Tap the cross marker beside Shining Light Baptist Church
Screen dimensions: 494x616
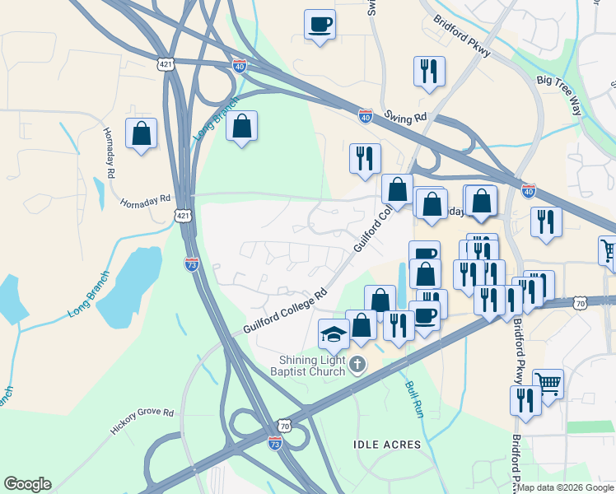pyautogui.click(x=357, y=364)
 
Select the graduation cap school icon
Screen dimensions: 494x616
pyautogui.click(x=334, y=334)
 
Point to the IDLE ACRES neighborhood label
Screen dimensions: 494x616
pyautogui.click(x=387, y=445)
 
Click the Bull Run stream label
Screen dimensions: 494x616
pyautogui.click(x=413, y=399)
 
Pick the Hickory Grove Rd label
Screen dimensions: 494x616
pyautogui.click(x=142, y=422)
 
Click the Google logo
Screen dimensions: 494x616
pyautogui.click(x=26, y=484)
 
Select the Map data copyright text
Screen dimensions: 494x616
pyautogui.click(x=565, y=487)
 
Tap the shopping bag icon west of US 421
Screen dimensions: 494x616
pyautogui.click(x=141, y=133)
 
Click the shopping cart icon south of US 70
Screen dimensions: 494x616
pyautogui.click(x=547, y=383)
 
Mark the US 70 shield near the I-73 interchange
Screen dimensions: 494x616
pyautogui.click(x=285, y=426)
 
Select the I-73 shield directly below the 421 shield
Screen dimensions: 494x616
pyautogui.click(x=190, y=264)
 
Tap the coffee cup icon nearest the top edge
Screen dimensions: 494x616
pyautogui.click(x=320, y=24)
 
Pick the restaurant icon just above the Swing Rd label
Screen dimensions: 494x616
pyautogui.click(x=429, y=72)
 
